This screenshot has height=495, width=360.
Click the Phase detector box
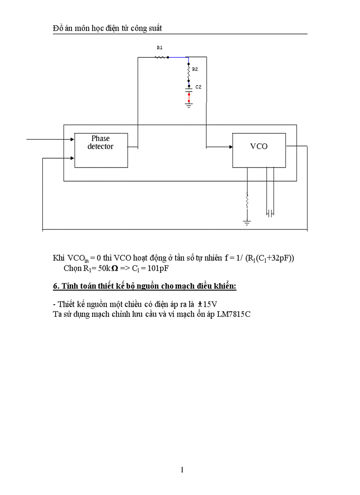(x=100, y=149)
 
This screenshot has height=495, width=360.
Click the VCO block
(x=259, y=150)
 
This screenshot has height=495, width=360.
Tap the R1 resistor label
(x=160, y=47)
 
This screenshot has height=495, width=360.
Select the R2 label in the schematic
(x=195, y=69)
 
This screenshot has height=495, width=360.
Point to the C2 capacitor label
(x=198, y=87)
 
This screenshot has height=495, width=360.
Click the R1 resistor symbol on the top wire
(x=161, y=57)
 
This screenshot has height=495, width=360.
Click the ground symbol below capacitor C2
(x=189, y=105)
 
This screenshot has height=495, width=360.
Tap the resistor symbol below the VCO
(x=247, y=201)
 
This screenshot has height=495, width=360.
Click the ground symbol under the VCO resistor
(x=247, y=223)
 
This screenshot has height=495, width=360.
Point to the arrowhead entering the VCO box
(x=230, y=147)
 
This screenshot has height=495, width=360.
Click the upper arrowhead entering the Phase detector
(x=72, y=139)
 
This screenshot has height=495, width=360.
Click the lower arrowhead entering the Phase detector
(x=72, y=157)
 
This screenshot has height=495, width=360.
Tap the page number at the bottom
(x=182, y=470)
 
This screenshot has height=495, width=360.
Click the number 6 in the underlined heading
(x=56, y=286)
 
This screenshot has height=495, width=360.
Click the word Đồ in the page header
(x=58, y=28)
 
